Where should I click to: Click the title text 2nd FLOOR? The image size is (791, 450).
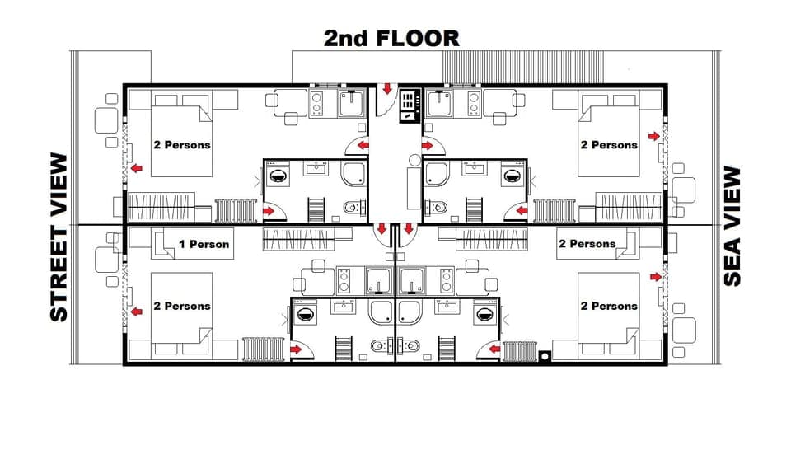coord(391,38)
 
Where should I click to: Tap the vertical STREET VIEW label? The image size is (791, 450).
coord(59,237)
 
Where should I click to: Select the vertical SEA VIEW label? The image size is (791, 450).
coord(732,227)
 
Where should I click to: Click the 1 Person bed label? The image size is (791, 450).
coord(204,244)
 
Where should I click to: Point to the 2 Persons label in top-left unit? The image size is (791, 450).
coord(181,144)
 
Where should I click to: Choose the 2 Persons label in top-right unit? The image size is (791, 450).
coord(609,144)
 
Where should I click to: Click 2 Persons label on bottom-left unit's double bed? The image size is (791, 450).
coord(181,306)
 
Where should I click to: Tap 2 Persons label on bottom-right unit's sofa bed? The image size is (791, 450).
coord(587,243)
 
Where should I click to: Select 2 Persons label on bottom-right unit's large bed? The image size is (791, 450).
coord(609,306)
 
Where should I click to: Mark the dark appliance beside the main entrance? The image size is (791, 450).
coord(409,106)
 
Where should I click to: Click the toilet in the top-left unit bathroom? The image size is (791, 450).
coord(351,208)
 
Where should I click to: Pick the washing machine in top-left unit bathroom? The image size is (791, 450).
coord(277,176)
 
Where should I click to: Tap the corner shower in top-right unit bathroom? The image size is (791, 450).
coord(437,174)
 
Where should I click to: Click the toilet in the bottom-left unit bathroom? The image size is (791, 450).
coord(380,345)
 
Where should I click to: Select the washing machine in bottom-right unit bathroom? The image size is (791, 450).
coord(486,314)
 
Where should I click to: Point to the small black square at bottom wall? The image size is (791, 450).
coord(543,356)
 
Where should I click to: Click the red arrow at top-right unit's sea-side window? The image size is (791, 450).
coord(653,136)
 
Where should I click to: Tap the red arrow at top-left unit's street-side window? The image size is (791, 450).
coord(136,169)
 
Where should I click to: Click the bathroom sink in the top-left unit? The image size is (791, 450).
coord(317,170)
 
